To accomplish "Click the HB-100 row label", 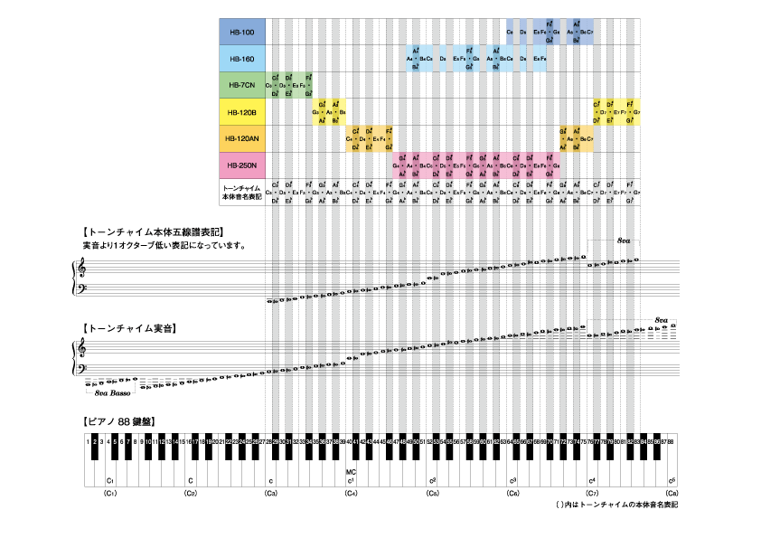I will pos(241,33).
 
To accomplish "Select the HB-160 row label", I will pos(241,59).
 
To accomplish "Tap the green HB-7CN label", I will pos(241,85).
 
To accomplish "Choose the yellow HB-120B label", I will pos(241,112).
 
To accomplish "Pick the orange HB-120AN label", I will pos(241,138).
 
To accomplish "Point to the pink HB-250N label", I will pos(241,165).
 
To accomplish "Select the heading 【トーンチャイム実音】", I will pos(127,327).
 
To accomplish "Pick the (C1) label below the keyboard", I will pos(109,493).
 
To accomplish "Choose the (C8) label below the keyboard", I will pos(672,493).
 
